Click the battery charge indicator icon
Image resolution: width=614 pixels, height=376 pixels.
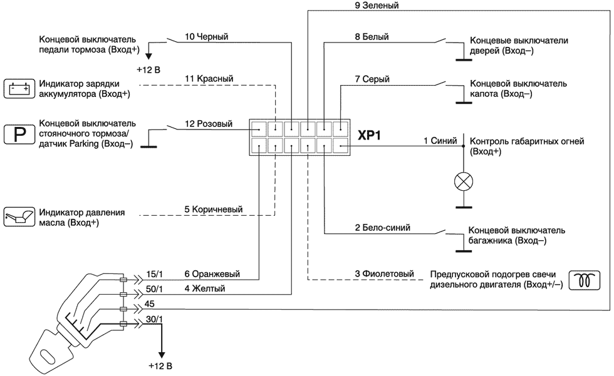(17, 89)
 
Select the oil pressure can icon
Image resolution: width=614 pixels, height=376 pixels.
(17, 217)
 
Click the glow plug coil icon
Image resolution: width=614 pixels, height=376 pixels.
(584, 280)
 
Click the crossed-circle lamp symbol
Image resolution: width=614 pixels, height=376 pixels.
(463, 182)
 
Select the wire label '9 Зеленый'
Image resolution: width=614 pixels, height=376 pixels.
(377, 6)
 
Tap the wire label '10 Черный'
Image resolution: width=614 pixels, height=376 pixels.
(206, 37)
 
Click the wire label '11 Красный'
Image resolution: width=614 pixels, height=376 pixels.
(209, 79)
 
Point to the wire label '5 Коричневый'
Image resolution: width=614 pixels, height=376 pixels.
(213, 210)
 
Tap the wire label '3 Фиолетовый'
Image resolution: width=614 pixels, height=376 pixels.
(385, 273)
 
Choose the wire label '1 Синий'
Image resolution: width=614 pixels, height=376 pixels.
(440, 141)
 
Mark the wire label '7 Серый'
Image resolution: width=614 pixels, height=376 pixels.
(372, 79)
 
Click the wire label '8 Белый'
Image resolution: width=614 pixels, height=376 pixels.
(372, 37)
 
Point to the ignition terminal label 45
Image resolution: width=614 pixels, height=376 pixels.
(149, 304)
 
